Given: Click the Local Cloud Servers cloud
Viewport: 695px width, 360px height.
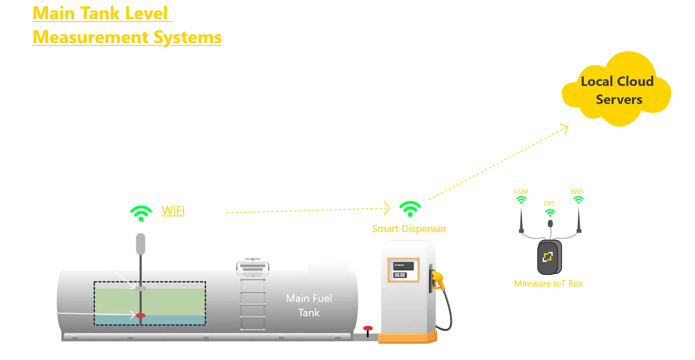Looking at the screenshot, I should (x=617, y=90).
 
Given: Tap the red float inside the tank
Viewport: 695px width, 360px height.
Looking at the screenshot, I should (x=140, y=315).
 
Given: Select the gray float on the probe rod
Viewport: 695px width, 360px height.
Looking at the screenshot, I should (x=140, y=288).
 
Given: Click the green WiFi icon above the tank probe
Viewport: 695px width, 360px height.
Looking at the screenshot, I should (x=140, y=212).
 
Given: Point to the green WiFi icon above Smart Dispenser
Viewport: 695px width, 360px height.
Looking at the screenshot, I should (x=410, y=208).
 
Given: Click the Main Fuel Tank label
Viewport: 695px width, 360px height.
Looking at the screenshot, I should (x=309, y=305).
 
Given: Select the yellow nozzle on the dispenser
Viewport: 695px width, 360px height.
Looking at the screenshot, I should (x=436, y=279).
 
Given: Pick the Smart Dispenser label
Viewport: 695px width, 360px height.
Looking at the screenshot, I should (x=409, y=229).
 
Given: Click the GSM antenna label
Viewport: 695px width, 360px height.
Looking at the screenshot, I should (x=520, y=192).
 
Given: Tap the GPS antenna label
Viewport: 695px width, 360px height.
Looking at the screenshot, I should (x=549, y=203).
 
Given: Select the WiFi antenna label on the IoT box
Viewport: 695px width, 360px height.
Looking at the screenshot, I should (x=577, y=191).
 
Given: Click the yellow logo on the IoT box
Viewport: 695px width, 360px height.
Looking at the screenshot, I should (x=548, y=257).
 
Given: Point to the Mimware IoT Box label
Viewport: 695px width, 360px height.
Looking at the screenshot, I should (x=548, y=284).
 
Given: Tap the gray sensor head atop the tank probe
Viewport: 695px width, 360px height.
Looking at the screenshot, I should (x=140, y=243).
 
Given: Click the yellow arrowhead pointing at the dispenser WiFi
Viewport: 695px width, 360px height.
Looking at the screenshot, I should (x=387, y=207).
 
